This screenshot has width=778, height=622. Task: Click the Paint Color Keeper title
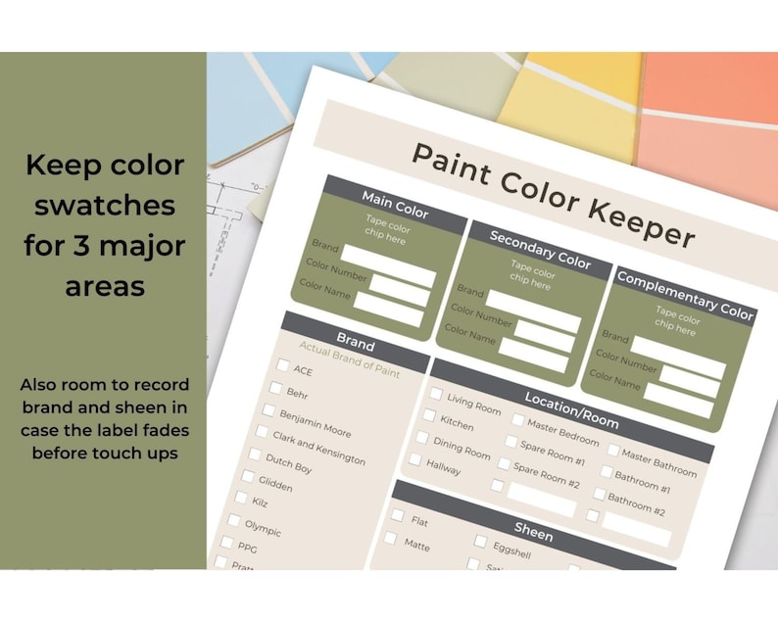pos(552,193)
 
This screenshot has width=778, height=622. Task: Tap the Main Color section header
pos(395,204)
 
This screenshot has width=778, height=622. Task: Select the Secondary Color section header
pos(539,250)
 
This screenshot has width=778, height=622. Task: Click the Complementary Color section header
pos(685,296)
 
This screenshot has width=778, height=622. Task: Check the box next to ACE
pos(283,365)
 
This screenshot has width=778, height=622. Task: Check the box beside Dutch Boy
pos(255,455)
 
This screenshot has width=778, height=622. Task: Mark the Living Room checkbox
pos(436,393)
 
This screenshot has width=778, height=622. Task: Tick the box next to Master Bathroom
pos(611,451)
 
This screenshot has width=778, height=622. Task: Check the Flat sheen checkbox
pos(398,515)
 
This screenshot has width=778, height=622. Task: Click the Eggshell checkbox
pos(480,541)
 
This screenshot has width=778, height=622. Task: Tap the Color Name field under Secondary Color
pos(533,354)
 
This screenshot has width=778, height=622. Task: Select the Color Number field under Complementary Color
pos(691,378)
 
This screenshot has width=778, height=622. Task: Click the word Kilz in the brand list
pos(260,502)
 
